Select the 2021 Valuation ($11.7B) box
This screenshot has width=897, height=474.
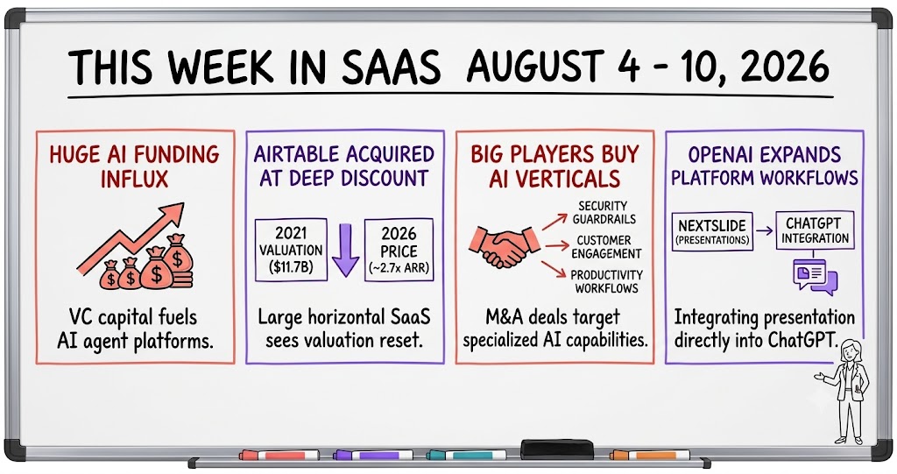[x=291, y=250]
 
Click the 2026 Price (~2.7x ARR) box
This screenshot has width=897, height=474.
[x=399, y=251]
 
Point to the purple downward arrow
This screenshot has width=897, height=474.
[x=345, y=251]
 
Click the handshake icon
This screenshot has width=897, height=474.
[x=504, y=247]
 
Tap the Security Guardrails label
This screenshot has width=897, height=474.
[x=604, y=212]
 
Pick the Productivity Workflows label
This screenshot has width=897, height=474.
[x=606, y=281]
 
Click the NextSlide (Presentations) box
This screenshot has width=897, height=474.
[x=712, y=232]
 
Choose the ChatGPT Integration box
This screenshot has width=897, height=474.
[x=815, y=230]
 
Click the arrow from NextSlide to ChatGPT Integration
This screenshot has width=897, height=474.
[x=764, y=231]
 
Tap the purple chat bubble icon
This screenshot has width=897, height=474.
[x=815, y=277]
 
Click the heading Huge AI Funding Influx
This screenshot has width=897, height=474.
[x=134, y=166]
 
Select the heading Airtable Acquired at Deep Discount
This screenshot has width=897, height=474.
[x=343, y=166]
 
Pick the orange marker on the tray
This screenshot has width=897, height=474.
[x=649, y=456]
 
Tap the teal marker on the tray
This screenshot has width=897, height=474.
[x=466, y=455]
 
